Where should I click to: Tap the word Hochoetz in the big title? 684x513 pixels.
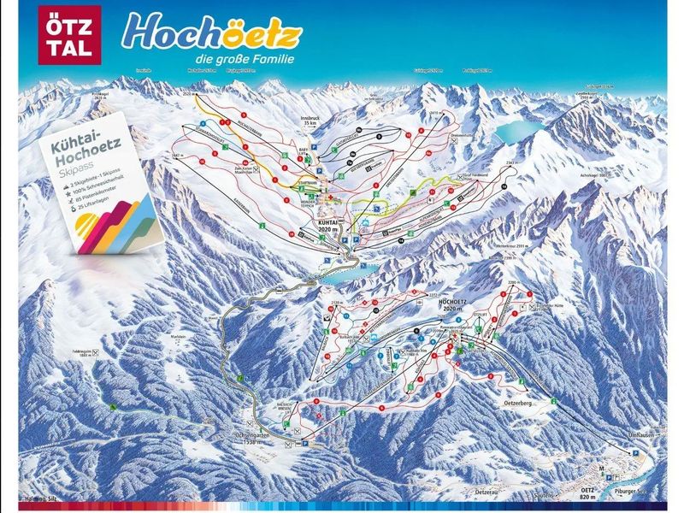tap(211, 32)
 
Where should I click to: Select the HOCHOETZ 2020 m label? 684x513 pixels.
tap(451, 304)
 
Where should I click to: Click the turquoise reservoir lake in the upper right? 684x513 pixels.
tap(518, 130)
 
